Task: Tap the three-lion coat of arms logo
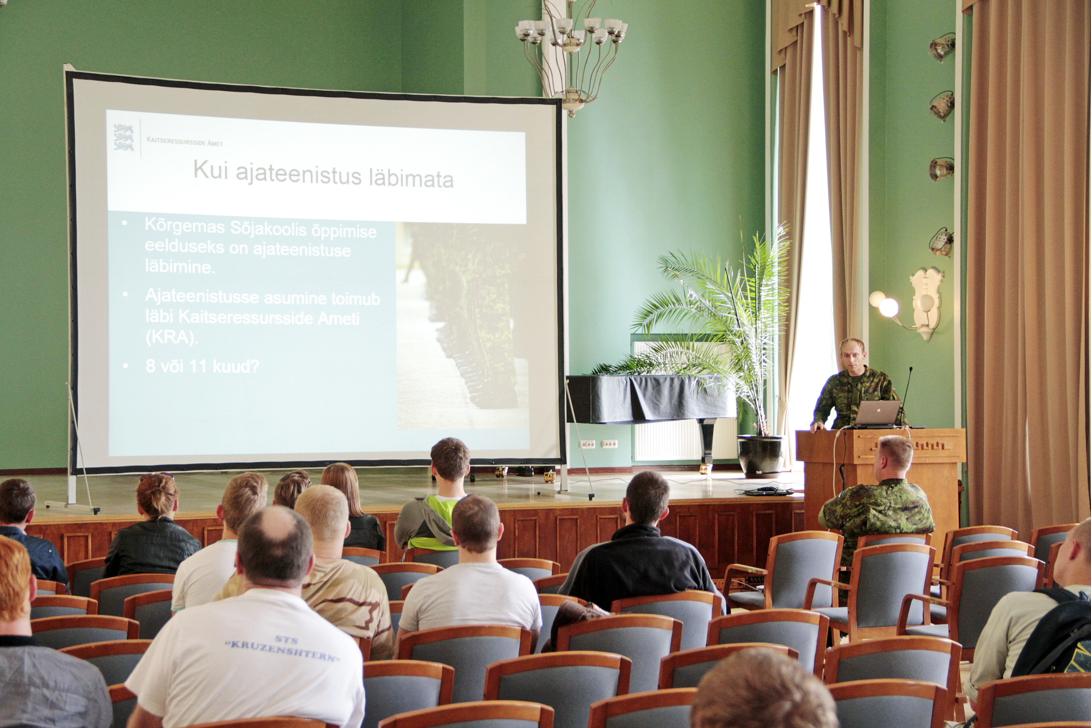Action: coord(124,137)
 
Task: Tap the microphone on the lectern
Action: coord(906,395)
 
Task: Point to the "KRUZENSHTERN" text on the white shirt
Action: coord(282,652)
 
